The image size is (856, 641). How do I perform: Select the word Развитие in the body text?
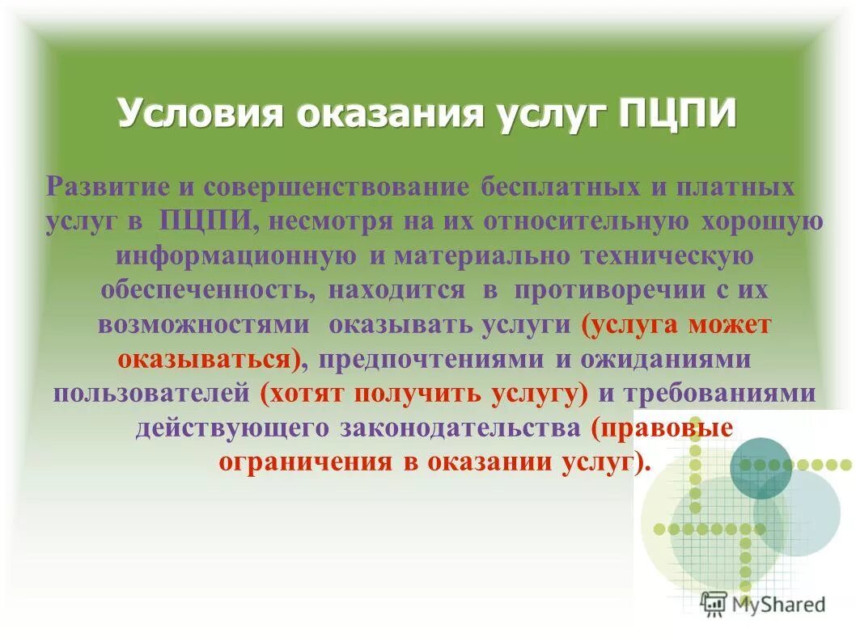point(105,188)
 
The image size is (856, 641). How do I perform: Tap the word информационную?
point(235,256)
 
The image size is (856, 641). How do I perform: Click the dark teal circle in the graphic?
point(761,468)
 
